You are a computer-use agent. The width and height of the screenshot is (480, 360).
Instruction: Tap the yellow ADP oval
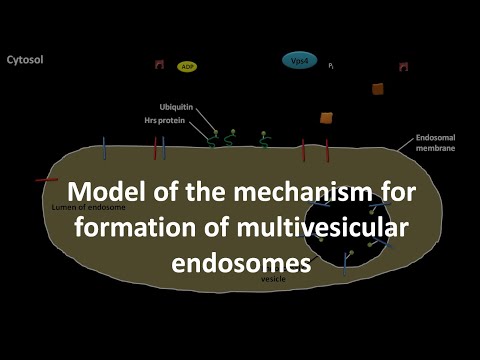click(x=186, y=66)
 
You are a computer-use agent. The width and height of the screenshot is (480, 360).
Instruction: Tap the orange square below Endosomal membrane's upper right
click(x=378, y=89)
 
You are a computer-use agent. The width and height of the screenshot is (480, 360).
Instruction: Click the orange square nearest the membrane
click(x=326, y=118)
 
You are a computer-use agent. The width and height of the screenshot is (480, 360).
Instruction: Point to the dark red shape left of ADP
click(x=158, y=65)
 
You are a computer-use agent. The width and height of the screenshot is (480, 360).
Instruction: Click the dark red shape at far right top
click(x=403, y=66)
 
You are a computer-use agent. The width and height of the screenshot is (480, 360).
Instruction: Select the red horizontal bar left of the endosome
click(x=46, y=180)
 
